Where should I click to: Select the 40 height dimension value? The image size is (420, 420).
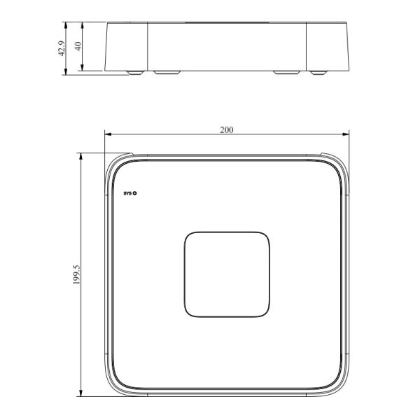tap(78, 46)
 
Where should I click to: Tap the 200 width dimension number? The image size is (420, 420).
tap(226, 129)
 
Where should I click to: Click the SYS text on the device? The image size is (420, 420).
tap(127, 192)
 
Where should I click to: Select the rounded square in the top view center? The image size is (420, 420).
tap(226, 274)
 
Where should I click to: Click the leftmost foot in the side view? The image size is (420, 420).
tap(131, 72)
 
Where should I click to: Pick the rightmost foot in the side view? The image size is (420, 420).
tap(320, 72)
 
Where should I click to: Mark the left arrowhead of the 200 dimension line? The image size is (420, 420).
tap(107, 134)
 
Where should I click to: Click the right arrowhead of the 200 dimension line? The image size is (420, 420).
tap(346, 134)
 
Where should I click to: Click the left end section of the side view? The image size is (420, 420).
tap(127, 45)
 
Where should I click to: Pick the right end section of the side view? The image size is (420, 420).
tap(327, 45)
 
